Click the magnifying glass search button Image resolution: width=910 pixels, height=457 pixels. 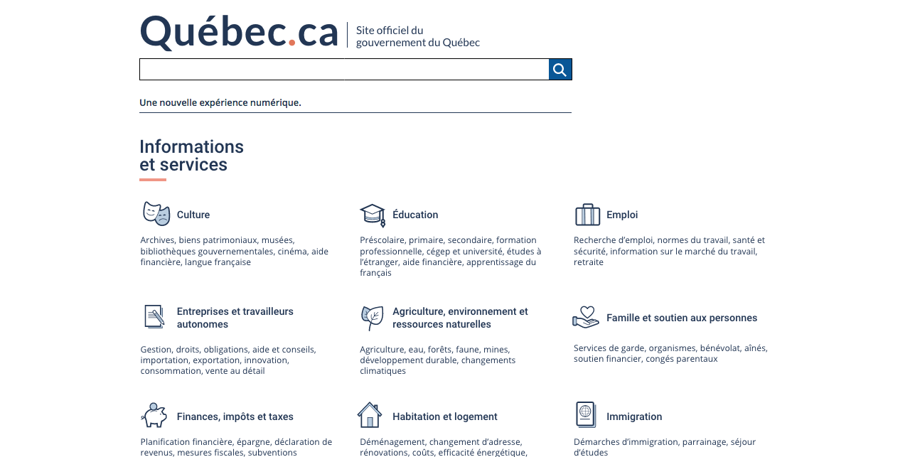560,70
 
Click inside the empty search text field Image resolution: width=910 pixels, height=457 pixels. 344,70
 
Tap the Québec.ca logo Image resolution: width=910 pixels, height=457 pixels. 239,33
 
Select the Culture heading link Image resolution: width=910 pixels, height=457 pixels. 193,215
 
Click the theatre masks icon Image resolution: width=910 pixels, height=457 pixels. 156,213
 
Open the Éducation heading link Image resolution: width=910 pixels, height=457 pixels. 415,215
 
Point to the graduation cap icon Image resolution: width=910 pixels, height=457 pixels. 373,214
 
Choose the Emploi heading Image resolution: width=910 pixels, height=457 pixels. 622,215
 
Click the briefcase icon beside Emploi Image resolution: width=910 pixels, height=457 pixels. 588,214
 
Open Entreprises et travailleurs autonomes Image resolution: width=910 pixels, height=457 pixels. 235,318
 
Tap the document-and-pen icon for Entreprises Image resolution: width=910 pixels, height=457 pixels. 154,316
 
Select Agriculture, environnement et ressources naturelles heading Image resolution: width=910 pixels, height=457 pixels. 460,318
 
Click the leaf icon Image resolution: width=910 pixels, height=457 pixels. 372,318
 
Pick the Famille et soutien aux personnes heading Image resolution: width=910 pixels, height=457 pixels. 682,318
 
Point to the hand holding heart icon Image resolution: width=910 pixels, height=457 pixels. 586,317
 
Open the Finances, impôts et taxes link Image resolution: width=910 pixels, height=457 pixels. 235,416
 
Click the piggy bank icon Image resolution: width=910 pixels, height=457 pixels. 154,415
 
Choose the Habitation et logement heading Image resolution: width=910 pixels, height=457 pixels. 445,416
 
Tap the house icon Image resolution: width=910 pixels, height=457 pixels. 370,415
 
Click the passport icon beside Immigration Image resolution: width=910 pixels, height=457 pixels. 586,414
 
